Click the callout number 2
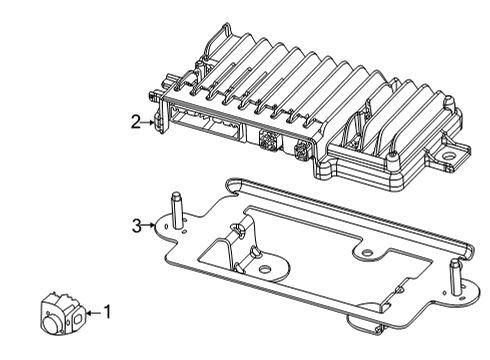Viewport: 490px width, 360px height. tap(135, 122)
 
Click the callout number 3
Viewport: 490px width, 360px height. tap(137, 226)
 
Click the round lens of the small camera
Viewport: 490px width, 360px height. tap(50, 322)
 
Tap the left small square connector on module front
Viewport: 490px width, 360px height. tap(268, 142)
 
